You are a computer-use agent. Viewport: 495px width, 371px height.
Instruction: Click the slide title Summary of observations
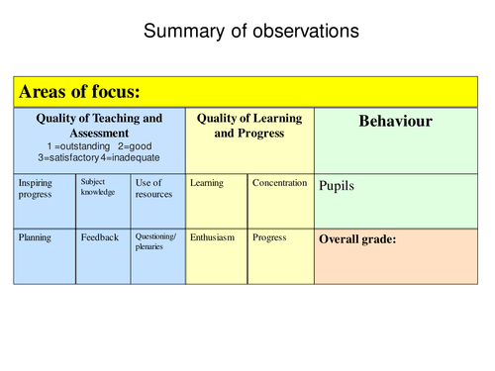251,32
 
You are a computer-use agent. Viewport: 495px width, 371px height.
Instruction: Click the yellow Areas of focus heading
78,92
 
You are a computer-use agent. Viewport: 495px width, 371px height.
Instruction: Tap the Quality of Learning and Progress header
249,126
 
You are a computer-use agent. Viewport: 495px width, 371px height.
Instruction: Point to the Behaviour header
395,122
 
